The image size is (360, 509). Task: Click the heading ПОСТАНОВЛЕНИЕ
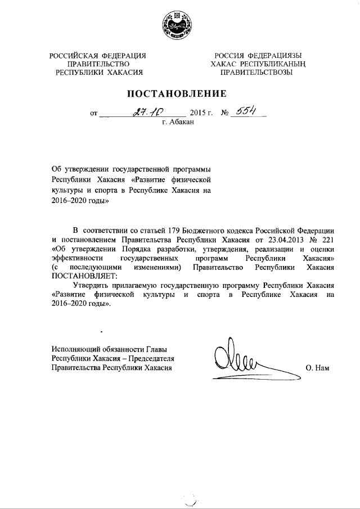click(x=179, y=92)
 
